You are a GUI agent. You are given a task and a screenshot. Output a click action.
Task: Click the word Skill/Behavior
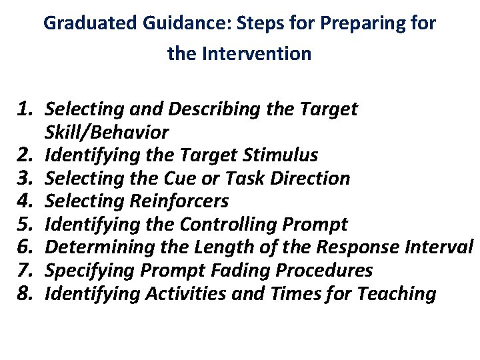(107, 132)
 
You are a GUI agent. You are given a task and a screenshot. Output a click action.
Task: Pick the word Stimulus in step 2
(284, 155)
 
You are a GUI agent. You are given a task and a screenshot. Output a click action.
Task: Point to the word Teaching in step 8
(399, 293)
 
